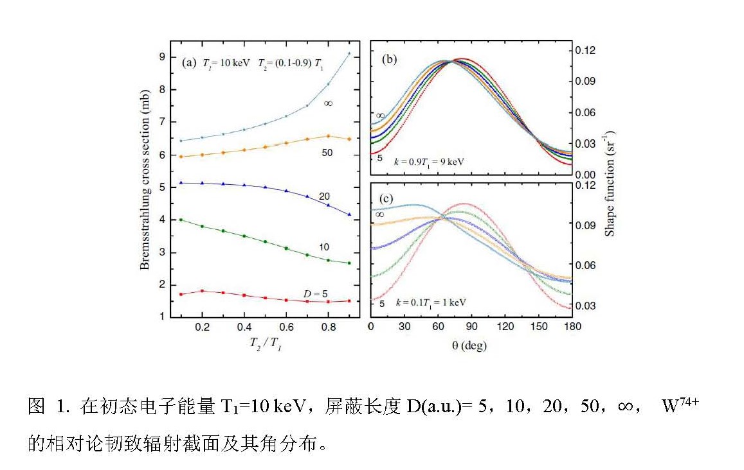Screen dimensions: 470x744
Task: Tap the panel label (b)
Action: (x=389, y=60)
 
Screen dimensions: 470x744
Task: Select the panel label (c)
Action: (x=388, y=198)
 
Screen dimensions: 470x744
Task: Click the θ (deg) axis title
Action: (x=469, y=345)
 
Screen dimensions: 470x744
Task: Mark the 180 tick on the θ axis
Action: (x=572, y=327)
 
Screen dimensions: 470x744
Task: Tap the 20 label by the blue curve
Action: (x=326, y=195)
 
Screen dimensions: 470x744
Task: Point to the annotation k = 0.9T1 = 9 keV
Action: (x=430, y=162)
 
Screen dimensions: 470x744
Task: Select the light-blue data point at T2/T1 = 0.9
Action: (x=349, y=54)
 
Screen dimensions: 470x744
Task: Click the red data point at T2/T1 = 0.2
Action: (x=203, y=291)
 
